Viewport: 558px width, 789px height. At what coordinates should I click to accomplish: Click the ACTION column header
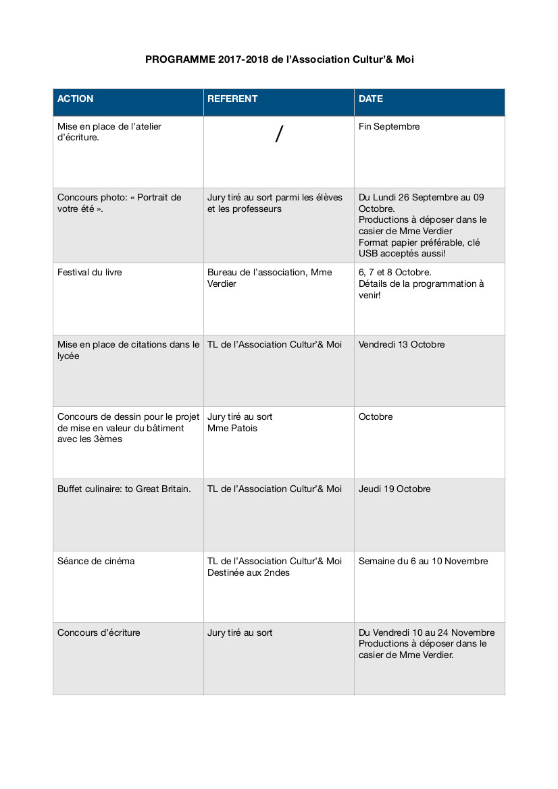[76, 99]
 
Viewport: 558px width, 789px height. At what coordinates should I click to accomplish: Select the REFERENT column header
[232, 99]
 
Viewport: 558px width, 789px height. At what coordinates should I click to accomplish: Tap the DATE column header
[371, 99]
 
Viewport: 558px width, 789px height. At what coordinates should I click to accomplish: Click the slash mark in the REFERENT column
[279, 134]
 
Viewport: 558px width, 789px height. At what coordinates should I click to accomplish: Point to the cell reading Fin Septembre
[389, 127]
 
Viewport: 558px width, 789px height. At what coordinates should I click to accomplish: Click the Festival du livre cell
[90, 273]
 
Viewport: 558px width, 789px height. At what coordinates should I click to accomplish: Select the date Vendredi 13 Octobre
[402, 345]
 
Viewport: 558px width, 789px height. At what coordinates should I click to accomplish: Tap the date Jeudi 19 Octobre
[395, 489]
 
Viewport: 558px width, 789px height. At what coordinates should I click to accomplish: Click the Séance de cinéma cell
[96, 562]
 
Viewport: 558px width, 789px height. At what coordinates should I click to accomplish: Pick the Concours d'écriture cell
[99, 633]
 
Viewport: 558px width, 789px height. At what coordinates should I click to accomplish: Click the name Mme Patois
[232, 429]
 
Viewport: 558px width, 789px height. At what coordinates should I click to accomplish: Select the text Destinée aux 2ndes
[249, 573]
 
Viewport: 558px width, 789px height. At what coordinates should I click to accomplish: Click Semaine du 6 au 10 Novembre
[424, 562]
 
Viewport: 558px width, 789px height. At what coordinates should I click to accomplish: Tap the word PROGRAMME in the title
[180, 60]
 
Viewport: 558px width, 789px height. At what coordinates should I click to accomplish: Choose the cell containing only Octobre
[376, 417]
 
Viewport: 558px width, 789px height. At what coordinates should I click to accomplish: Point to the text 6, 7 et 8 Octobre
[395, 273]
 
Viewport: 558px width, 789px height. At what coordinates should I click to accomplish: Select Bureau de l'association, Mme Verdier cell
[270, 278]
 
